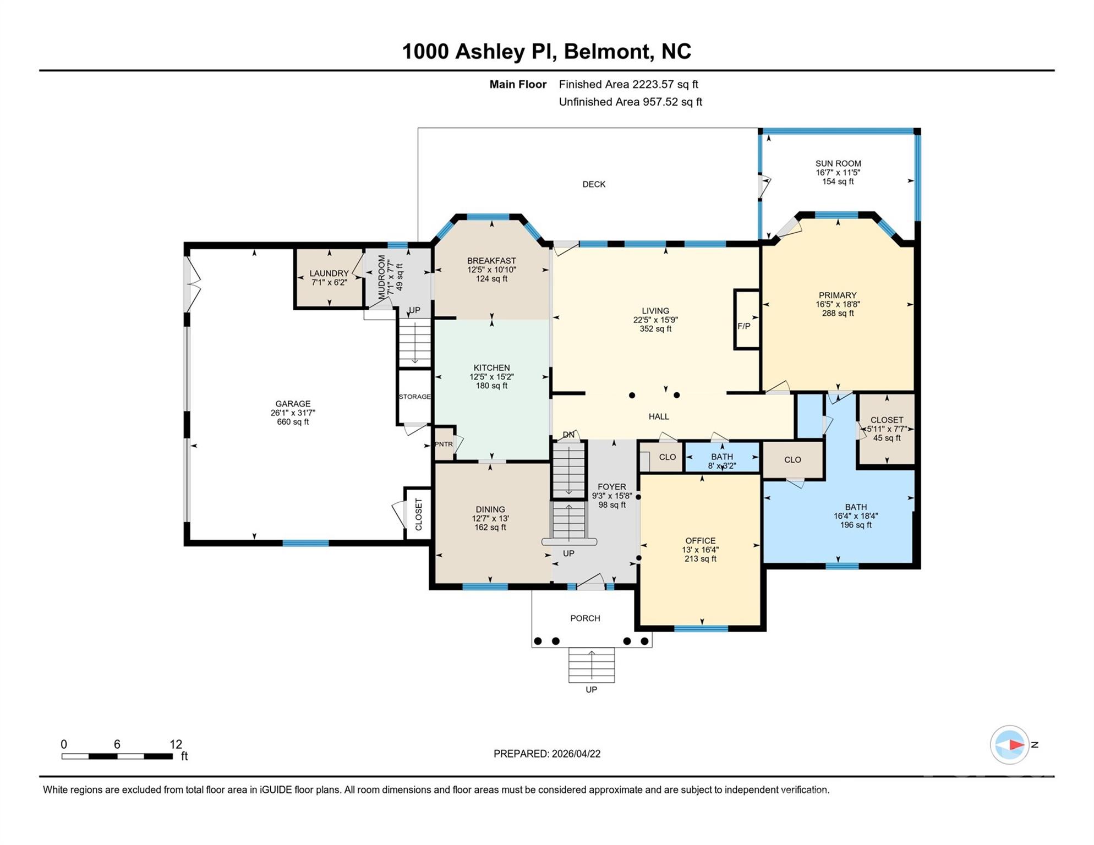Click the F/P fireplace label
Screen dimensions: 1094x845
click(x=744, y=326)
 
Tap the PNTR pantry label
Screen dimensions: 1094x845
click(x=444, y=444)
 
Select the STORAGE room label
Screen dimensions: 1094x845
click(x=414, y=397)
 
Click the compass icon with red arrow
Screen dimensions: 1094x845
click(x=1010, y=744)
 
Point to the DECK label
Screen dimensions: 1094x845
click(x=594, y=184)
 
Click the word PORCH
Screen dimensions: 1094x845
click(x=585, y=618)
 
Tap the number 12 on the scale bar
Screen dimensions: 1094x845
click(x=176, y=744)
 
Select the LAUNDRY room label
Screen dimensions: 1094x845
click(x=329, y=273)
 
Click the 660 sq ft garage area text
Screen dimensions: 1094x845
click(x=293, y=422)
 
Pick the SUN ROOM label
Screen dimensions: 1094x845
click(x=838, y=163)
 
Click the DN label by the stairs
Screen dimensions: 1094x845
click(x=568, y=435)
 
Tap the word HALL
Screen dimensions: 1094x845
click(x=659, y=416)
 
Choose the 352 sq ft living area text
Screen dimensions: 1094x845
click(x=655, y=329)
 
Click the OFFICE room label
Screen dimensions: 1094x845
click(x=701, y=541)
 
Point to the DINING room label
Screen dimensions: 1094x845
click(x=490, y=509)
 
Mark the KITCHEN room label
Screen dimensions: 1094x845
click(x=492, y=368)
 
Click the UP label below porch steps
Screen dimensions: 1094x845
click(x=591, y=690)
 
